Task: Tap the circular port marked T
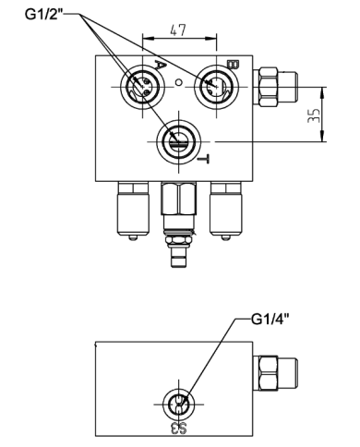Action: pos(176,140)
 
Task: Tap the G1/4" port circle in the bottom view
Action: pos(178,404)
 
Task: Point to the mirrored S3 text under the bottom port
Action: pos(178,428)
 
